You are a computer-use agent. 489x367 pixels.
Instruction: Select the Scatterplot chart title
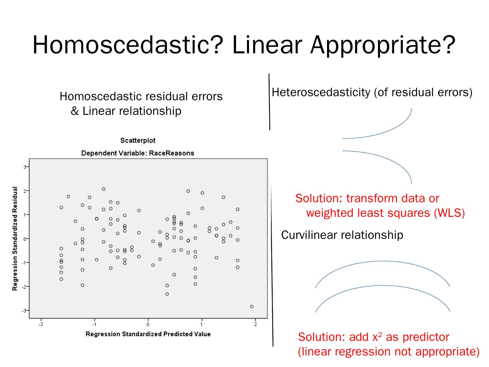(x=138, y=140)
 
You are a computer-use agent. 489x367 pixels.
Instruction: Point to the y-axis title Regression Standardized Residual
(x=15, y=239)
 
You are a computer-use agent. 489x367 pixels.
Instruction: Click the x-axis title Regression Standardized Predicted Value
(x=148, y=334)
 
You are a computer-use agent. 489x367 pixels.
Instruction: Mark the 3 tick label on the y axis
(x=24, y=167)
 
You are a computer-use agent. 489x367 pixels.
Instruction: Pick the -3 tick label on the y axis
(x=24, y=311)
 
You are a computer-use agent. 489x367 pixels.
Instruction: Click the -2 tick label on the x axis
(x=41, y=325)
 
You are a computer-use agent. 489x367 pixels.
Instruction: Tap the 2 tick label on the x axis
(x=256, y=325)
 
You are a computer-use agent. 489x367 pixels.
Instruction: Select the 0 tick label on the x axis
(x=148, y=325)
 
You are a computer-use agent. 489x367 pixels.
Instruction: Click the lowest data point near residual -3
(x=252, y=307)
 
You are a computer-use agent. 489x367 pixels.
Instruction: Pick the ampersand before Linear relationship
(x=74, y=111)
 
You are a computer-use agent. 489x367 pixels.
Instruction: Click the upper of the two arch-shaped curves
(x=383, y=261)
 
